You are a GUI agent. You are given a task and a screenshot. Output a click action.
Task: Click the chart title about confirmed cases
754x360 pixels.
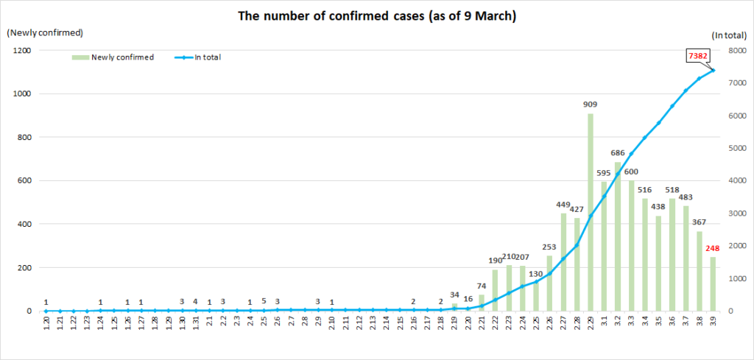(x=376, y=16)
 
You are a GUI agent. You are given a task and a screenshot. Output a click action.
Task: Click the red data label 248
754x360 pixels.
(x=713, y=249)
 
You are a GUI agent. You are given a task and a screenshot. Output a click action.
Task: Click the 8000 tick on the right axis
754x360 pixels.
(x=736, y=50)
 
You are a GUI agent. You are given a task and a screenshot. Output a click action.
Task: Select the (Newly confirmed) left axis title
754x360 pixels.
(x=45, y=32)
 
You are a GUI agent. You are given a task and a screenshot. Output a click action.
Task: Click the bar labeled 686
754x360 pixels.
(x=618, y=236)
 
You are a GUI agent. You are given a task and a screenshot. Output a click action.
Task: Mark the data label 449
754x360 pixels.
(x=563, y=205)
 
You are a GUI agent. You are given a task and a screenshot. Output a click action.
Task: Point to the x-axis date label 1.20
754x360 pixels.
(x=46, y=325)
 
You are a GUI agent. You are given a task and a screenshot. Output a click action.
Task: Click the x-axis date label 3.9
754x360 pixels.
(x=713, y=325)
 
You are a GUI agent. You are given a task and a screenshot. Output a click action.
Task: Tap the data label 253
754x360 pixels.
(x=550, y=248)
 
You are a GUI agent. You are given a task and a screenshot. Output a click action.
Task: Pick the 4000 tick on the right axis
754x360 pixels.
(x=736, y=180)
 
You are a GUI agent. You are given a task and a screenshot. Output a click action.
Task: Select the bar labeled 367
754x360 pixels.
(x=700, y=271)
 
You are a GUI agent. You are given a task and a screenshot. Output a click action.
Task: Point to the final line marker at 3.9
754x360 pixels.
(x=713, y=71)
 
